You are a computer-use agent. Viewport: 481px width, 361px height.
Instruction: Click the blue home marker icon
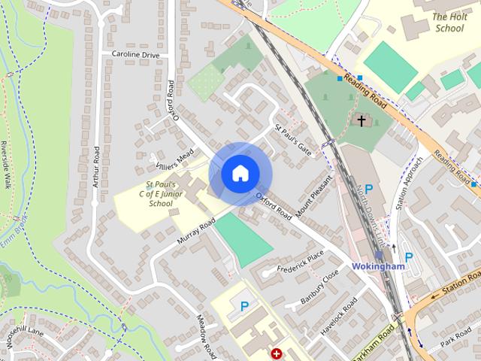(239, 174)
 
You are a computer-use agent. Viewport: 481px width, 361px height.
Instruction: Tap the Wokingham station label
(378, 266)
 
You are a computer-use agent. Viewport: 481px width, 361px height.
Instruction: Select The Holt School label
(450, 23)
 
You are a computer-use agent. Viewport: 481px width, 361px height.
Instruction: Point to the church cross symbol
(362, 120)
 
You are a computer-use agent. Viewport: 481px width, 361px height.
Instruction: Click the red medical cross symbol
(277, 353)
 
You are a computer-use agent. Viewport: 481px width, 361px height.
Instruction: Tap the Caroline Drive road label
(136, 54)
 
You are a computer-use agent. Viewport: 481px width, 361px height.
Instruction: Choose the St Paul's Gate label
(293, 140)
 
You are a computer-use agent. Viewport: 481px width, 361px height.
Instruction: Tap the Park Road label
(456, 331)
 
